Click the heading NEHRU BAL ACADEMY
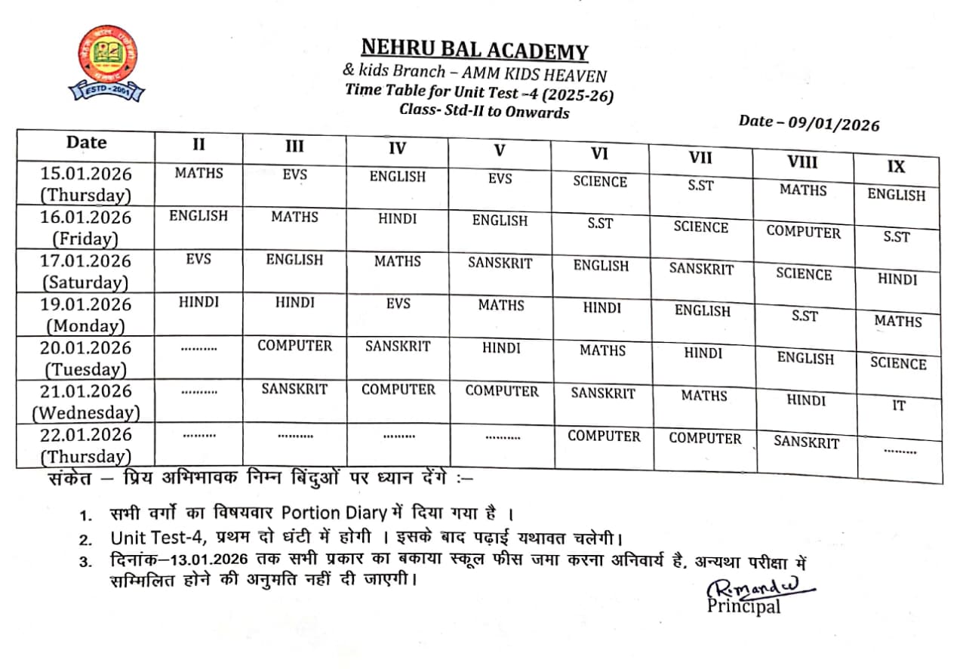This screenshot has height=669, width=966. tap(474, 50)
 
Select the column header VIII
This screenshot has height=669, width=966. tap(802, 162)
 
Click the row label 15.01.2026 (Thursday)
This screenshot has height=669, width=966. tap(86, 184)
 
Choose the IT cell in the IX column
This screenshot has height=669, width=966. tap(898, 406)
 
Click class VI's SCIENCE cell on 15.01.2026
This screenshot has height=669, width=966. tap(600, 182)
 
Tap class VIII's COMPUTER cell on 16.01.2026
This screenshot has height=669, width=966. tap(803, 233)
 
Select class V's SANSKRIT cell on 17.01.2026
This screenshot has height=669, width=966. tap(500, 264)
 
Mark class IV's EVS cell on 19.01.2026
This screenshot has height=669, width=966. tap(398, 304)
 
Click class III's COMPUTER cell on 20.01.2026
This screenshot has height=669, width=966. tap(294, 346)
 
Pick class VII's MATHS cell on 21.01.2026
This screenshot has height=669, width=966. tap(703, 396)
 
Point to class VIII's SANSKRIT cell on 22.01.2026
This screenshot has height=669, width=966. tap(806, 442)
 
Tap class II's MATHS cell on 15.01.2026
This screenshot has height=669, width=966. tap(198, 173)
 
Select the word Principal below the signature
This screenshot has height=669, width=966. tap(743, 606)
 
